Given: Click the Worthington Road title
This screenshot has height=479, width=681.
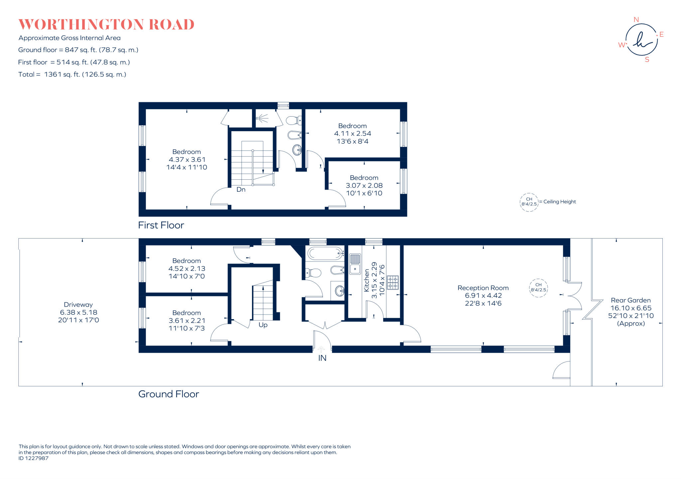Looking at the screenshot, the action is tap(106, 25).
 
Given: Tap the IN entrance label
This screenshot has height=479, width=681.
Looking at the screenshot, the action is tap(322, 358).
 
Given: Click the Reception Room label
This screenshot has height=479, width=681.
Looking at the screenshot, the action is tap(483, 288).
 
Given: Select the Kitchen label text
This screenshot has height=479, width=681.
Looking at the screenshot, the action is tap(366, 280).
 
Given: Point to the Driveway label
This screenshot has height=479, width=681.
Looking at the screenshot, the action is tap(78, 305).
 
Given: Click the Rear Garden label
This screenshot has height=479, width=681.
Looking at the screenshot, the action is tap(630, 300).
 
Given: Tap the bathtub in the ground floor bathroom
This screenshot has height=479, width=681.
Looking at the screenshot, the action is tap(325, 253).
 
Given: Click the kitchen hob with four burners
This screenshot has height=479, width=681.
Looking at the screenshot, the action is tap(392, 282).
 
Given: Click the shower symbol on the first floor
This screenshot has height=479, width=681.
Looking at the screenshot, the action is tap(263, 118).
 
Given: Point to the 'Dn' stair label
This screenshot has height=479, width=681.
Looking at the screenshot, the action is tap(241, 190).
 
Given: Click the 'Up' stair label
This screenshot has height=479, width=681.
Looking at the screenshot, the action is tap(263, 325).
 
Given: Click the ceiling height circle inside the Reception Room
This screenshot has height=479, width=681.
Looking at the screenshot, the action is tap(538, 288).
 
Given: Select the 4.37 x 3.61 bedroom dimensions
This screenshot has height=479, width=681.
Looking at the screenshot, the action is tap(187, 160).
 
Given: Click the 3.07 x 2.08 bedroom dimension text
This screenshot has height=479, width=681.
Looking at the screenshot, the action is tap(364, 186).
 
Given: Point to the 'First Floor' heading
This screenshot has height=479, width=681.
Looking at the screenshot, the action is tap(161, 225).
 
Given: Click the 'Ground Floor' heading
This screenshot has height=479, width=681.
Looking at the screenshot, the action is tap(169, 394).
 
